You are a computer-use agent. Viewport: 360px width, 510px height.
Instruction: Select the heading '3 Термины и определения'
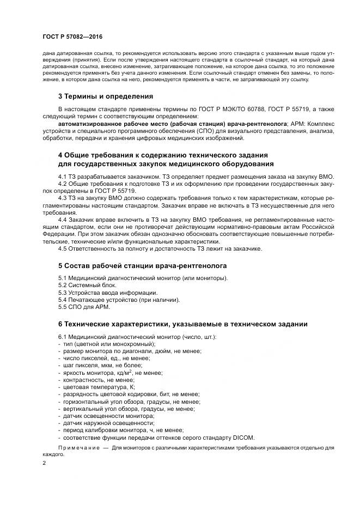coord(106,96)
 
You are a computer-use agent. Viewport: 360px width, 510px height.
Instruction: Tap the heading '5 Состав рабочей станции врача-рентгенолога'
coord(142,265)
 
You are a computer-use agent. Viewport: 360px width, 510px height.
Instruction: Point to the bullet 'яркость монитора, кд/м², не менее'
coord(113,373)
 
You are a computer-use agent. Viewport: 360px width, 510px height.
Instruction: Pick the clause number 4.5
coord(64,249)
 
